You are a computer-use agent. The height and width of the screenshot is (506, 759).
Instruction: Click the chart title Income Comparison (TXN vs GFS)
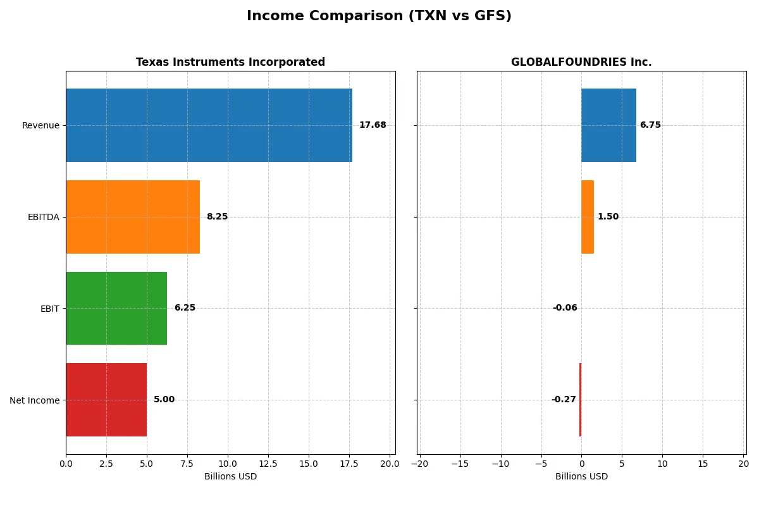[x=379, y=16]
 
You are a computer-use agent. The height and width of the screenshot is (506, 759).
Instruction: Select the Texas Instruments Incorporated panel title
[x=230, y=63]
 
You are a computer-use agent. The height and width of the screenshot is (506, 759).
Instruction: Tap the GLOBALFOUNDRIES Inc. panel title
[x=581, y=63]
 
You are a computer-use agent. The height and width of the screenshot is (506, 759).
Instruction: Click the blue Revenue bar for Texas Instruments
[x=209, y=125]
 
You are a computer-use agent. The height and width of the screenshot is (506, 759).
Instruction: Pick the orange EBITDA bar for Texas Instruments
[x=133, y=217]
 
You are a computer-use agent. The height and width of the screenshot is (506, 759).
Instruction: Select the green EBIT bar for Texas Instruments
[x=116, y=309]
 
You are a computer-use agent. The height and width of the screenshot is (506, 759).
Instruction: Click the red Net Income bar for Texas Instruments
[x=106, y=400]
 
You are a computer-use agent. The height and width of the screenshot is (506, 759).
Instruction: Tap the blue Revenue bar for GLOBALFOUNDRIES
[x=608, y=125]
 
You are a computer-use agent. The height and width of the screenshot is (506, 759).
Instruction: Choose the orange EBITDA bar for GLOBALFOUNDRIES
[x=588, y=217]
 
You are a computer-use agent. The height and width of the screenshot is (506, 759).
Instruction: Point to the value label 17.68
[x=373, y=125]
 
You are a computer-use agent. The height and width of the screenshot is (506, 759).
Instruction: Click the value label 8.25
[x=217, y=217]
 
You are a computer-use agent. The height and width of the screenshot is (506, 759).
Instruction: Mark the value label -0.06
[x=565, y=308]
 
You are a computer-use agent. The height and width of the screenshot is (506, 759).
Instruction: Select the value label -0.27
[x=564, y=400]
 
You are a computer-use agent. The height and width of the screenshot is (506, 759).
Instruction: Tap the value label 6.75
[x=650, y=125]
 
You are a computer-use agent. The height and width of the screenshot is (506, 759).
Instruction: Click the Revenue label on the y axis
[x=40, y=125]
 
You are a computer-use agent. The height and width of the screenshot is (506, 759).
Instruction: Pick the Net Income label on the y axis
[x=35, y=400]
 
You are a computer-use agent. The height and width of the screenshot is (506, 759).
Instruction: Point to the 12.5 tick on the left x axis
[x=268, y=464]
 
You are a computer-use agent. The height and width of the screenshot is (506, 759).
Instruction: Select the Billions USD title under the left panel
[x=230, y=477]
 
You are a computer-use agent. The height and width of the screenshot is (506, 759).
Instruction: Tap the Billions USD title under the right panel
[x=581, y=477]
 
